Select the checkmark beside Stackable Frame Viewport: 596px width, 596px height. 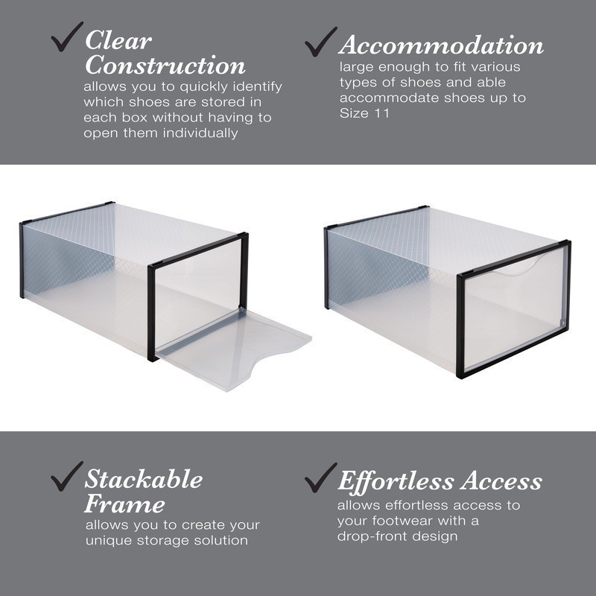coord(66,476)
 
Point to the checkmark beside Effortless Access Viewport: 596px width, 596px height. coord(321,477)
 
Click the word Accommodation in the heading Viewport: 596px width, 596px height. coord(441,46)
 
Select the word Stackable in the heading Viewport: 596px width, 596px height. coord(143,479)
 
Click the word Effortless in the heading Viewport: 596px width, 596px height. coord(395,481)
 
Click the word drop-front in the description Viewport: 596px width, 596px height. coord(369,536)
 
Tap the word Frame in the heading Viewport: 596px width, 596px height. coord(124,504)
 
